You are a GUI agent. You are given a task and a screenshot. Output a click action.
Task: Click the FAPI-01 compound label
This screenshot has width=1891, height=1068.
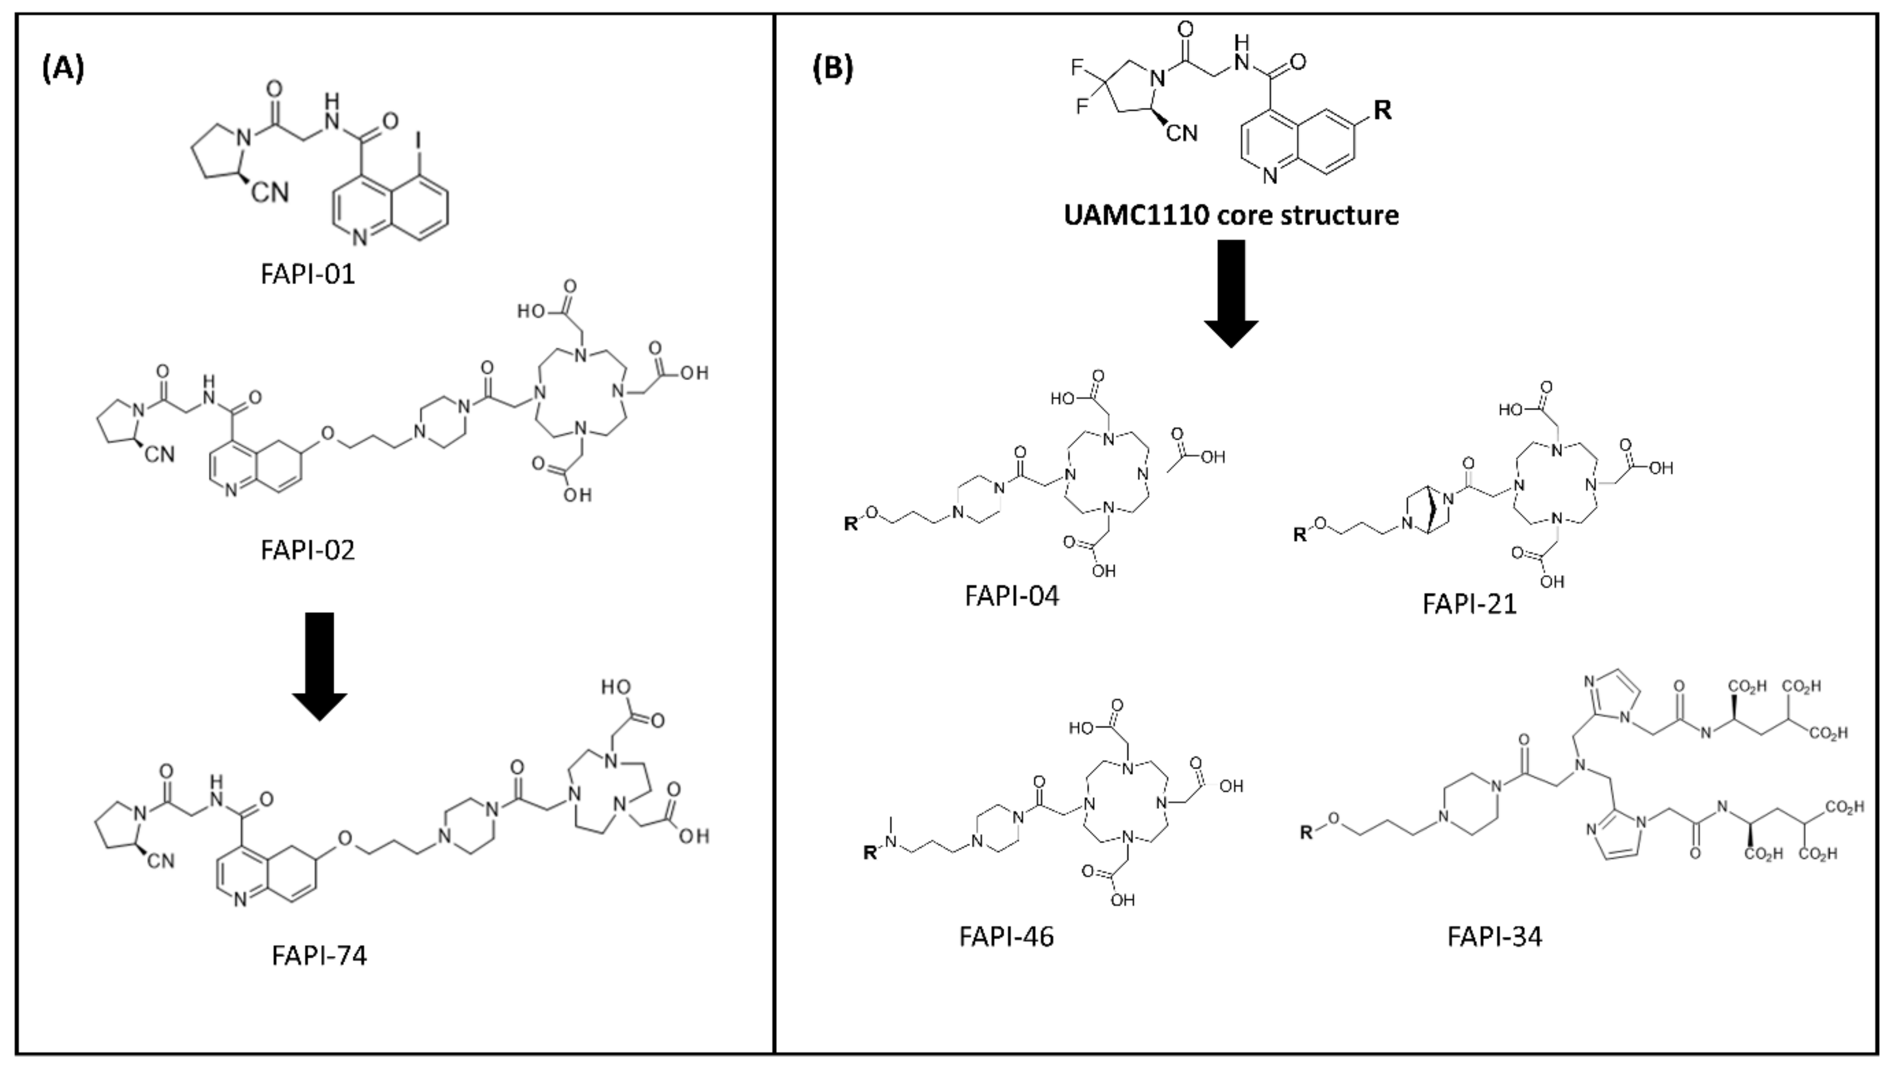[x=308, y=274]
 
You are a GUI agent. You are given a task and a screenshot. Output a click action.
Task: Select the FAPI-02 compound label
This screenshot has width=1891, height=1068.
[x=308, y=550]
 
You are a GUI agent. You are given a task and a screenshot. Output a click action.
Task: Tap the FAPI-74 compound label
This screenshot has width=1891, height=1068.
[x=318, y=955]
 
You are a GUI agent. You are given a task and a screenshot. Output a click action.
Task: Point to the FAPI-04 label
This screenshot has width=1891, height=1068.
[x=1011, y=595]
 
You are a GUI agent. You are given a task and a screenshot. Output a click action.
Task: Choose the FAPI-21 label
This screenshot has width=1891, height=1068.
[x=1469, y=603]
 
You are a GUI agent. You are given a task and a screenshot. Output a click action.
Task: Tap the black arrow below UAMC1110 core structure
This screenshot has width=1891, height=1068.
[x=1231, y=293]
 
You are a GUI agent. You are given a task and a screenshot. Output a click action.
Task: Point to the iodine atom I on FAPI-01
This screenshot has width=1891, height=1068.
[x=418, y=139]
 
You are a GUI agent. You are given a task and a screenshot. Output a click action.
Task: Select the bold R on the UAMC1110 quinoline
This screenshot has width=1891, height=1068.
[x=1382, y=110]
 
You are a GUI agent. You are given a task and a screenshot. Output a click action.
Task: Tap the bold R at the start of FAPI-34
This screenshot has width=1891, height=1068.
[x=1307, y=832]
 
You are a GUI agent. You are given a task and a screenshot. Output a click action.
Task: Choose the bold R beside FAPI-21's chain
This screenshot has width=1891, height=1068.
[x=1300, y=535]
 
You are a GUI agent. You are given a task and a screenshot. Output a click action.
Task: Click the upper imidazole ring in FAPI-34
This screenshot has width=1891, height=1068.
[x=1611, y=697]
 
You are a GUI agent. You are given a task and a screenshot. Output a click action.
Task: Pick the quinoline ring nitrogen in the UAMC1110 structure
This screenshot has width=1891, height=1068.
[x=1271, y=176]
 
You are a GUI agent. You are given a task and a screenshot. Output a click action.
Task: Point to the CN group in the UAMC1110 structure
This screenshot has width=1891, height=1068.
[x=1181, y=133]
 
